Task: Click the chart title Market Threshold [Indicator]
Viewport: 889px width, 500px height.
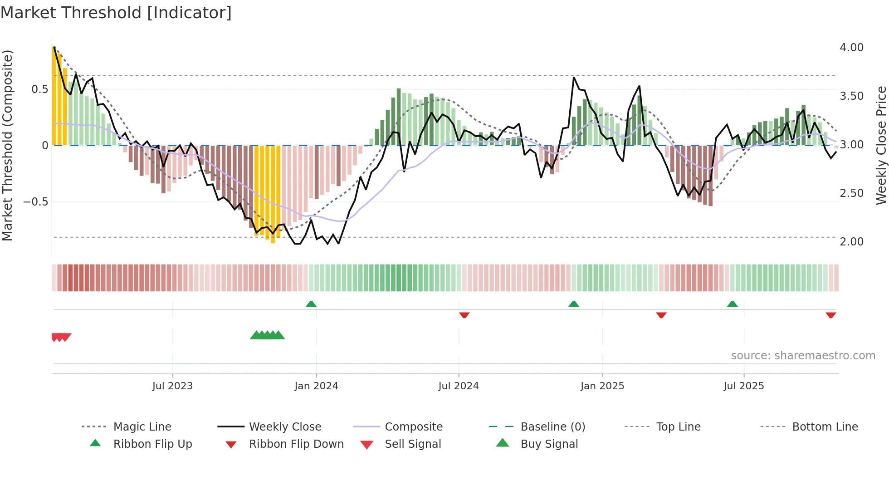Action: [x=116, y=13]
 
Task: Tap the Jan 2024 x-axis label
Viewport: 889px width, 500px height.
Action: [x=316, y=386]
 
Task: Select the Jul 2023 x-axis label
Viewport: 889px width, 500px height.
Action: [x=172, y=386]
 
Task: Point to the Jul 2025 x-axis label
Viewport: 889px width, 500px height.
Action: [x=743, y=386]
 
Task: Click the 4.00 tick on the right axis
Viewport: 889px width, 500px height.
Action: [x=851, y=48]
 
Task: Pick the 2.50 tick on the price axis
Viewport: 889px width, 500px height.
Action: [x=851, y=193]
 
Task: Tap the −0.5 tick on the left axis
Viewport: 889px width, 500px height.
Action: [x=35, y=202]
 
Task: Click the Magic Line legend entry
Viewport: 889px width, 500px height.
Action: [x=142, y=427]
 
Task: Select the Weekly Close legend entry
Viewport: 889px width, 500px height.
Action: [x=285, y=427]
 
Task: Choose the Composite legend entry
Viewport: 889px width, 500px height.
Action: [x=413, y=427]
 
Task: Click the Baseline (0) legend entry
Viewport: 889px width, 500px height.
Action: [x=552, y=427]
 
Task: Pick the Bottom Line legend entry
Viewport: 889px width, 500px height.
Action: [x=825, y=427]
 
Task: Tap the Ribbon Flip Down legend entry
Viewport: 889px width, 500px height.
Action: [x=296, y=444]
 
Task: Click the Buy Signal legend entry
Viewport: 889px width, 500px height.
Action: [x=549, y=444]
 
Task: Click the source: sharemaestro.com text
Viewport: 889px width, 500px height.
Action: [x=803, y=356]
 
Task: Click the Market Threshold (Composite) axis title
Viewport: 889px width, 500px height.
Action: [x=7, y=145]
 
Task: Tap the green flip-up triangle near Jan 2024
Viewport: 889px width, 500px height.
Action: [x=311, y=304]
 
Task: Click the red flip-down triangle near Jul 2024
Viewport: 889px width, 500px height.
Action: [x=464, y=315]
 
